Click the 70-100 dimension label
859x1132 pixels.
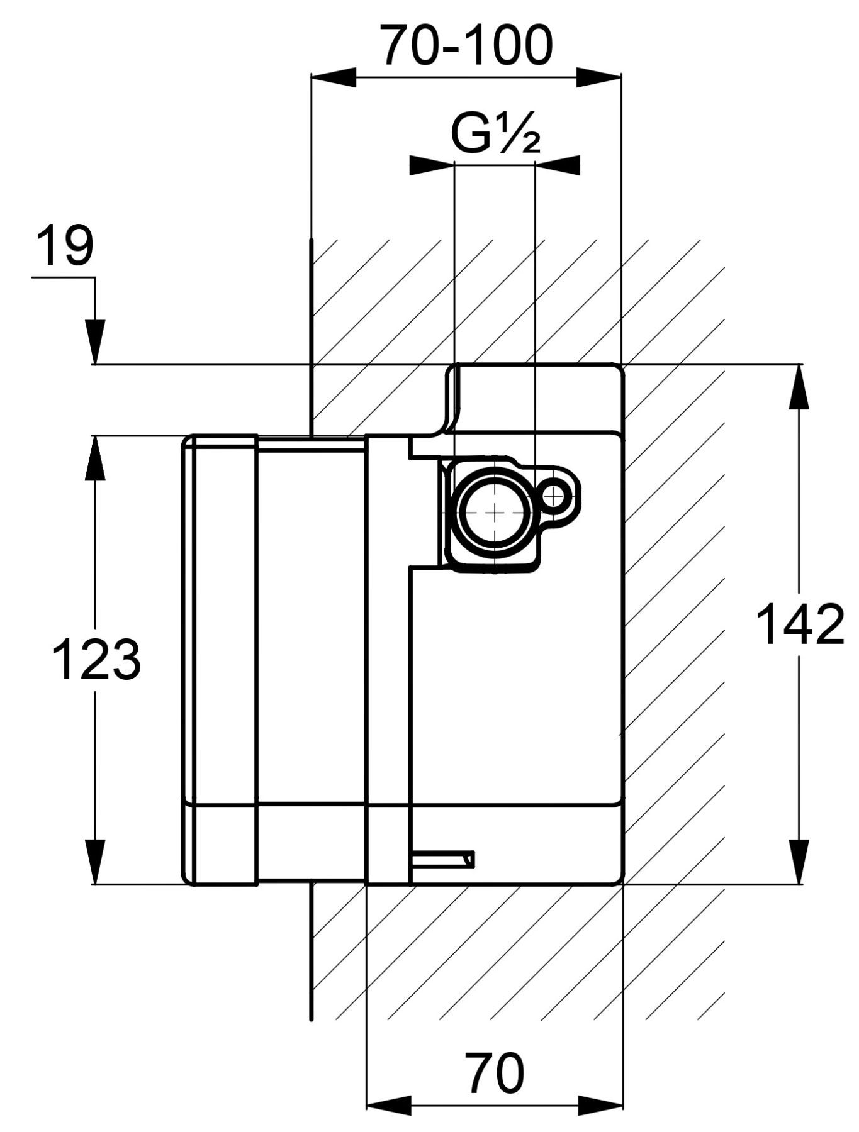pyautogui.click(x=468, y=45)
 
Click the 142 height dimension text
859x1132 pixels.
pyautogui.click(x=799, y=624)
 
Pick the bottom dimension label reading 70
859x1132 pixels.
pyautogui.click(x=495, y=1073)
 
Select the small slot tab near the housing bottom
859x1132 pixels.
pyautogui.click(x=442, y=859)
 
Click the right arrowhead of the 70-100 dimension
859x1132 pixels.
pyautogui.click(x=599, y=79)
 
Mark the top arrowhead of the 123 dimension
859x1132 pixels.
pyautogui.click(x=96, y=457)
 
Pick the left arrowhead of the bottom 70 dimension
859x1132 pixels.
pyautogui.click(x=389, y=1104)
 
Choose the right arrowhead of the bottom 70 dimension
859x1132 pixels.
pyautogui.click(x=600, y=1104)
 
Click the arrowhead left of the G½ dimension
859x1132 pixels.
pyautogui.click(x=432, y=165)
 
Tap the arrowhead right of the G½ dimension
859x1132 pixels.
pyautogui.click(x=558, y=165)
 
